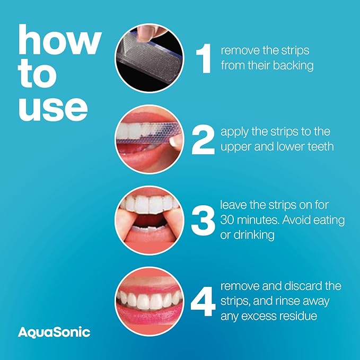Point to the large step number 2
click(203, 139)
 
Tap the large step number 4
click(203, 301)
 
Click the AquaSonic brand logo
click(54, 332)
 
